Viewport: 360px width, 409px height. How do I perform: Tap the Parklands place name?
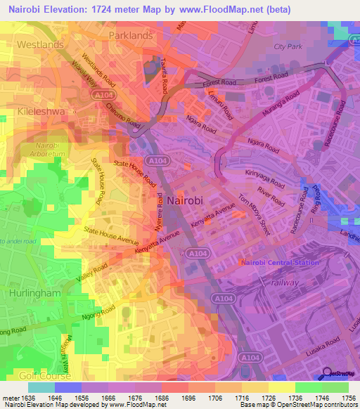click(x=131, y=34)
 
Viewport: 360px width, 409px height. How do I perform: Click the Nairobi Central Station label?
click(x=280, y=262)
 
